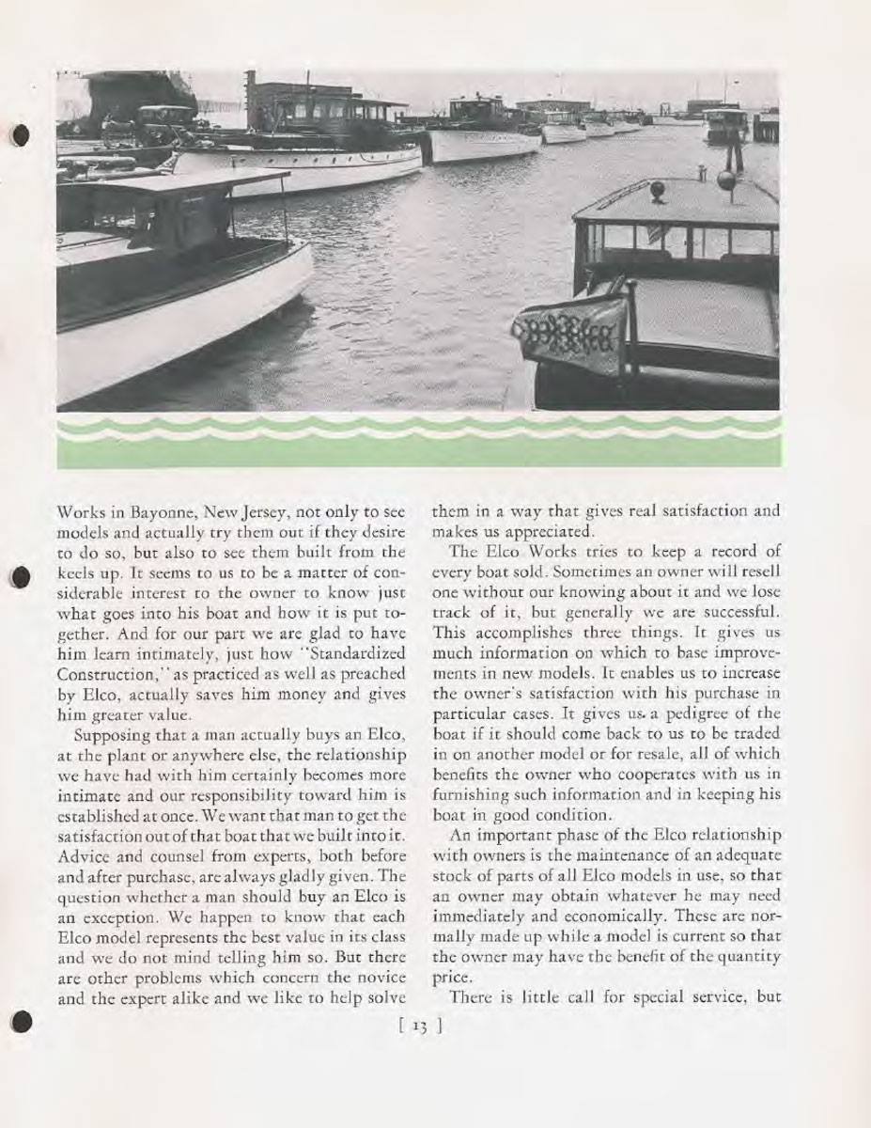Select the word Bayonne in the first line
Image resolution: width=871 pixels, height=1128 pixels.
[152, 512]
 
